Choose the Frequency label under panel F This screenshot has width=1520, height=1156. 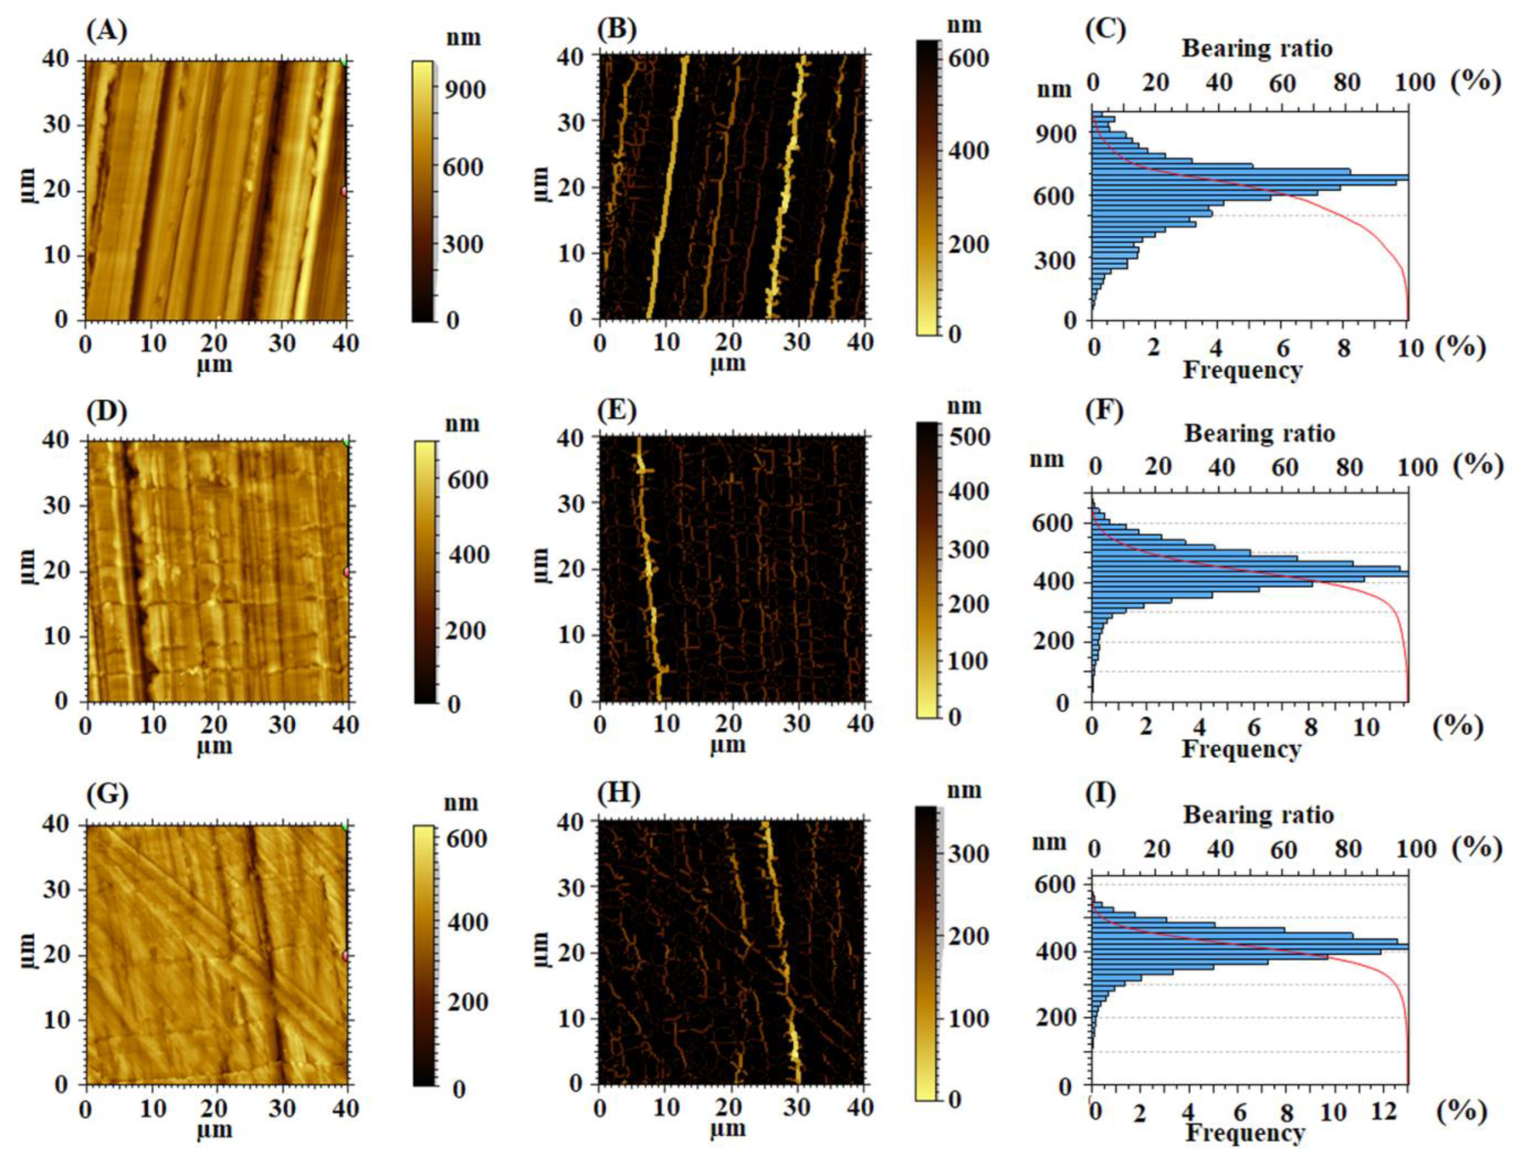pyautogui.click(x=1241, y=749)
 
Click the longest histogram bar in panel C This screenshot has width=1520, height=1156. pyautogui.click(x=1249, y=177)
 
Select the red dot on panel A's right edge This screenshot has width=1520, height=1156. pyautogui.click(x=345, y=192)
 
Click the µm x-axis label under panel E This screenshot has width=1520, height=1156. pyautogui.click(x=728, y=745)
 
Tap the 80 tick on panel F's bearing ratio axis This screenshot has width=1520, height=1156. pyautogui.click(x=1348, y=467)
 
